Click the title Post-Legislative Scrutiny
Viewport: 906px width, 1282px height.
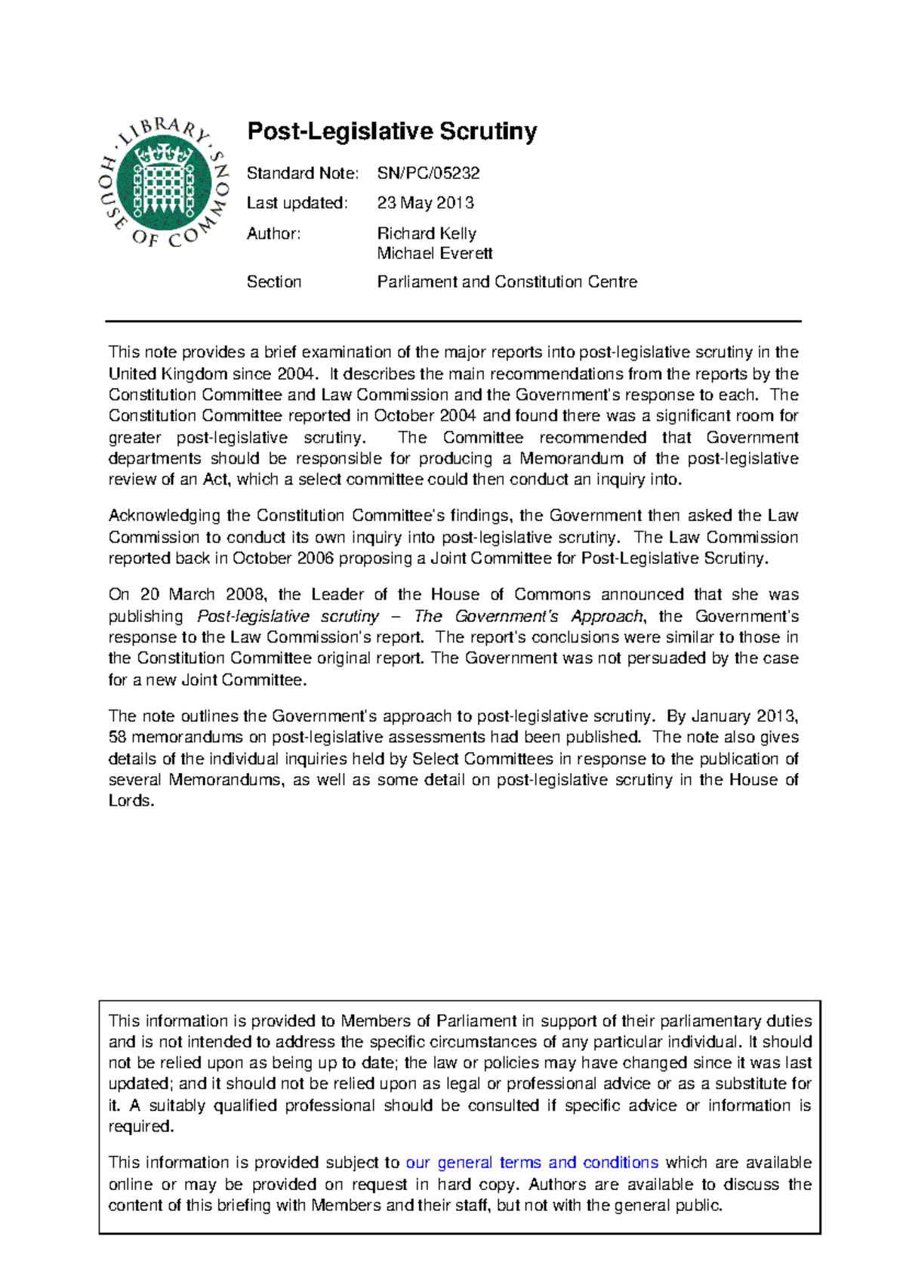click(392, 131)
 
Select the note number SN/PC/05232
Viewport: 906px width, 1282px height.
click(428, 173)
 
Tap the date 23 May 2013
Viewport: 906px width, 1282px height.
click(425, 203)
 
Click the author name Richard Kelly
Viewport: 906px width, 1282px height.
click(426, 233)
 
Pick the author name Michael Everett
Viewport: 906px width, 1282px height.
click(434, 254)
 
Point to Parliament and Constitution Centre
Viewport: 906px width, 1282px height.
click(507, 282)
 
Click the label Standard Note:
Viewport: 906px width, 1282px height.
click(302, 173)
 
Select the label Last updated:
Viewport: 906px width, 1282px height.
click(297, 203)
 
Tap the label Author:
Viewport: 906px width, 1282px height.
click(273, 233)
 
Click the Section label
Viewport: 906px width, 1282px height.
click(273, 282)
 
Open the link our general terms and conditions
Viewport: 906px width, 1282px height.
click(532, 1163)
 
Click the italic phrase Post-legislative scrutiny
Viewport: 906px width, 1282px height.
click(288, 616)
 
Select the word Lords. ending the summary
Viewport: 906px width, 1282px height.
click(131, 801)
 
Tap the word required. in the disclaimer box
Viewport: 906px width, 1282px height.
click(141, 1126)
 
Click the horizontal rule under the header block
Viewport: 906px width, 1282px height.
click(453, 321)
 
